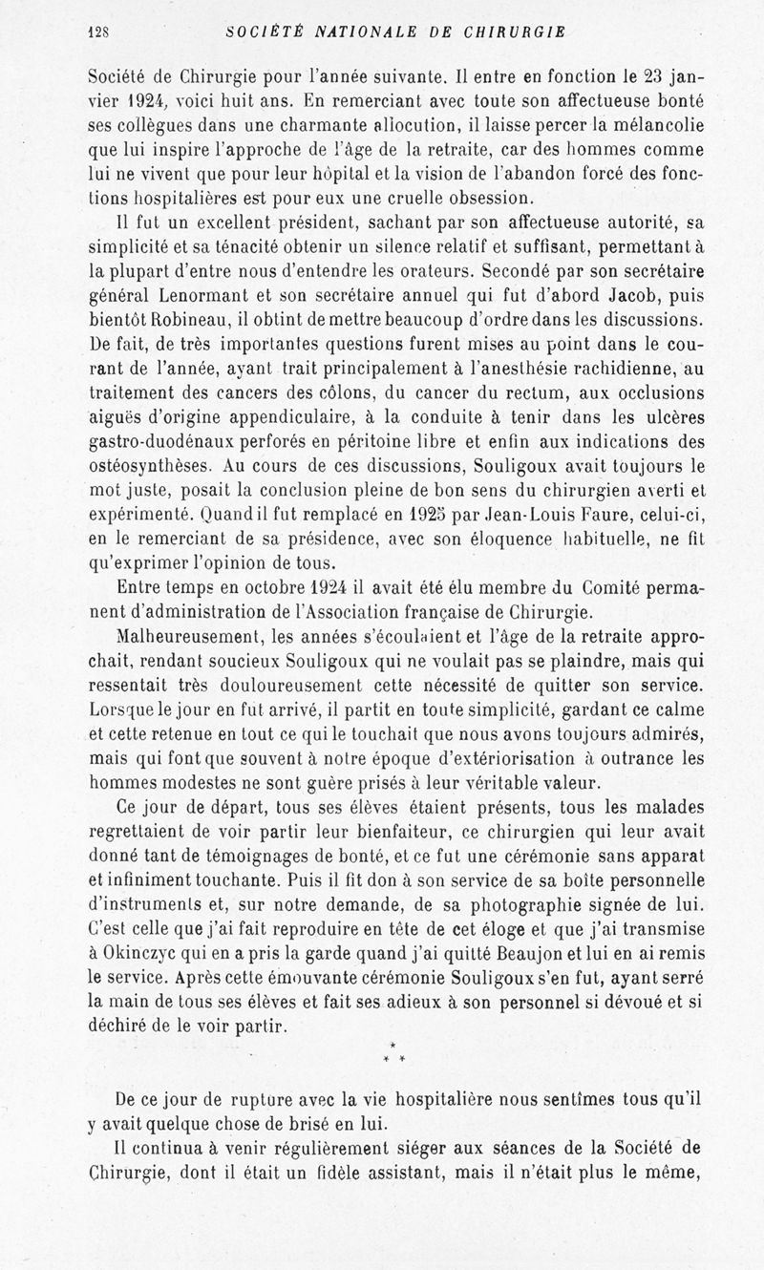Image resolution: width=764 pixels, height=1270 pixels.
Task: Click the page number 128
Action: pyautogui.click(x=98, y=31)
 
